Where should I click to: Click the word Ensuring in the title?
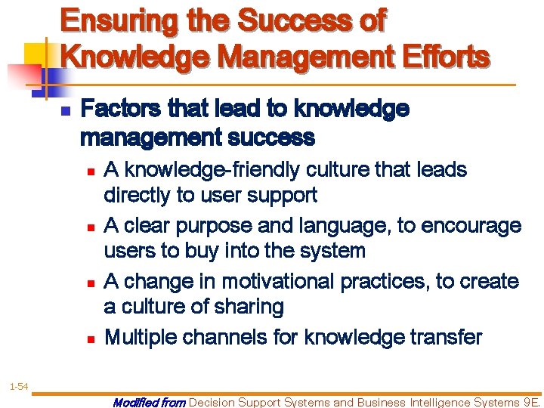(119, 20)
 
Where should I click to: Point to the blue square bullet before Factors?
(65, 111)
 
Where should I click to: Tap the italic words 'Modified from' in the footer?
(148, 402)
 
